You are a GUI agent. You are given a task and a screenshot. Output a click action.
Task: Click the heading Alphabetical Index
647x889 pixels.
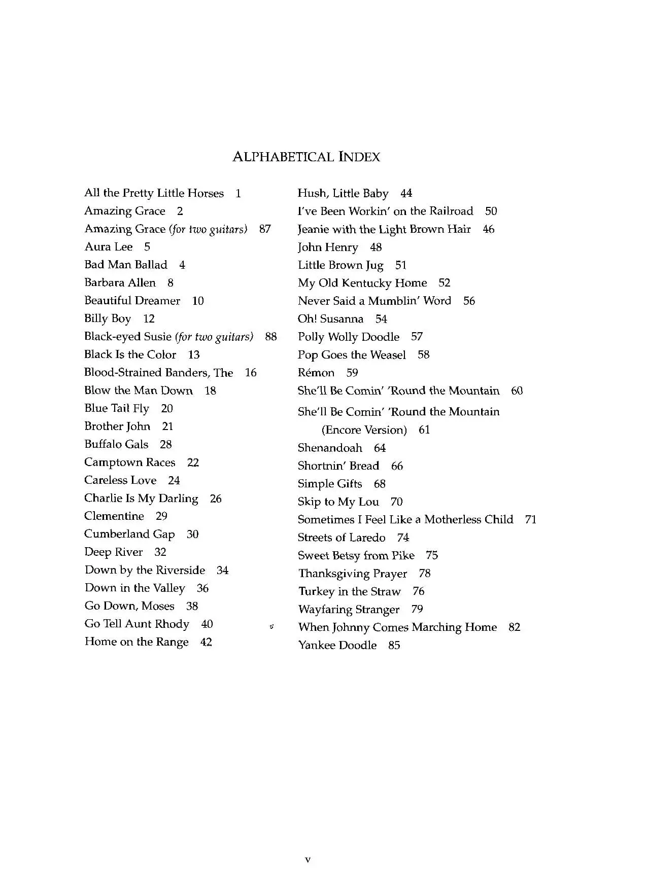(306, 157)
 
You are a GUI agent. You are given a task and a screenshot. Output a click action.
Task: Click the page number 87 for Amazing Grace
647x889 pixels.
(265, 229)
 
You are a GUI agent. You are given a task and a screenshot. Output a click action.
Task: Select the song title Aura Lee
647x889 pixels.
(109, 247)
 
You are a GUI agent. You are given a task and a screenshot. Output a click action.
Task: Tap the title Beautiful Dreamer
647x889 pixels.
(132, 301)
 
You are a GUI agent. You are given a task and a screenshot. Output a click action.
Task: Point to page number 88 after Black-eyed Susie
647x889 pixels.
(271, 337)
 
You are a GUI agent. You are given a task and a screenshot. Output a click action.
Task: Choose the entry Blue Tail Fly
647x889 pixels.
(117, 408)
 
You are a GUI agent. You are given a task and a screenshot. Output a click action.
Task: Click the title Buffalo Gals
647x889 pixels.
(116, 444)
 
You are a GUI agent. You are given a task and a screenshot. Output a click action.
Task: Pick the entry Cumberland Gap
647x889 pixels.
(129, 534)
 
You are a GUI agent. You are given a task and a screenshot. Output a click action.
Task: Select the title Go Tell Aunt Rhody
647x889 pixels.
(137, 624)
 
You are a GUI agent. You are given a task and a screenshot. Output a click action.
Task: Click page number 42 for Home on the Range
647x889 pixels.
(206, 642)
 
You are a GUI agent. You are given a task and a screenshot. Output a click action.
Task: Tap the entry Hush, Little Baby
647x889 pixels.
(343, 193)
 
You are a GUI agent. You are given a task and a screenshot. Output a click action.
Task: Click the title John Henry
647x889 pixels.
(328, 247)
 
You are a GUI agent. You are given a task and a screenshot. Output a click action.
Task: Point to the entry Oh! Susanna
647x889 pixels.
(330, 319)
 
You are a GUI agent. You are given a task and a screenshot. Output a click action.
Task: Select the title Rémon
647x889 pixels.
(316, 373)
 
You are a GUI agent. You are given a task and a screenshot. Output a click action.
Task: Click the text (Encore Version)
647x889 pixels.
(364, 430)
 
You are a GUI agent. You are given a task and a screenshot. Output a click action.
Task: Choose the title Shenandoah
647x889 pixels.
(330, 448)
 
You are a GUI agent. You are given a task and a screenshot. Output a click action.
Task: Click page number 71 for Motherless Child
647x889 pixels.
(531, 519)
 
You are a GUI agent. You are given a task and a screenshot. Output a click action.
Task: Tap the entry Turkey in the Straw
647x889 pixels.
(349, 591)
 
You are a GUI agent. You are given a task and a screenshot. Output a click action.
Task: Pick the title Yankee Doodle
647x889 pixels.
(337, 645)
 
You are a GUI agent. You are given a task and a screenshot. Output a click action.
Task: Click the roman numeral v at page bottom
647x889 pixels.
(308, 859)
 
